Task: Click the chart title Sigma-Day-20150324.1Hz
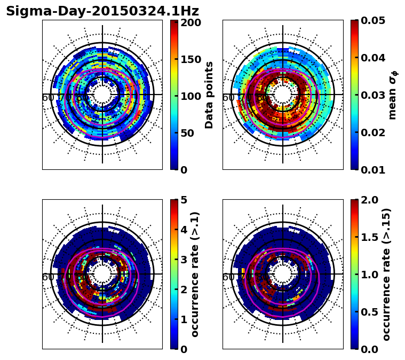102,11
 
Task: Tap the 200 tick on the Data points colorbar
190,22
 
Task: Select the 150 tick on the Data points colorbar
190,59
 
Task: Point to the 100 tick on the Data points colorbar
190,96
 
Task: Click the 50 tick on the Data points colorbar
190,133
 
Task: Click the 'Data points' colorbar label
209,95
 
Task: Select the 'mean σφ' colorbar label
393,95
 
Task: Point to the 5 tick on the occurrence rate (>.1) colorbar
183,200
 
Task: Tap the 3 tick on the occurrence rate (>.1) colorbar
183,260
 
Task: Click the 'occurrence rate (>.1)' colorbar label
195,274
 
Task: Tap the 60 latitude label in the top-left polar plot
47,98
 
